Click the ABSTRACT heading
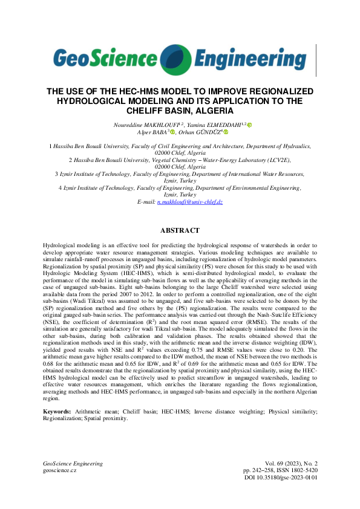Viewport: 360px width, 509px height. point(180,230)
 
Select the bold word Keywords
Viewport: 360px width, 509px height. point(57,411)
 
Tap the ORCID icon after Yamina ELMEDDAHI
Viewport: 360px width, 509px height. point(250,125)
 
